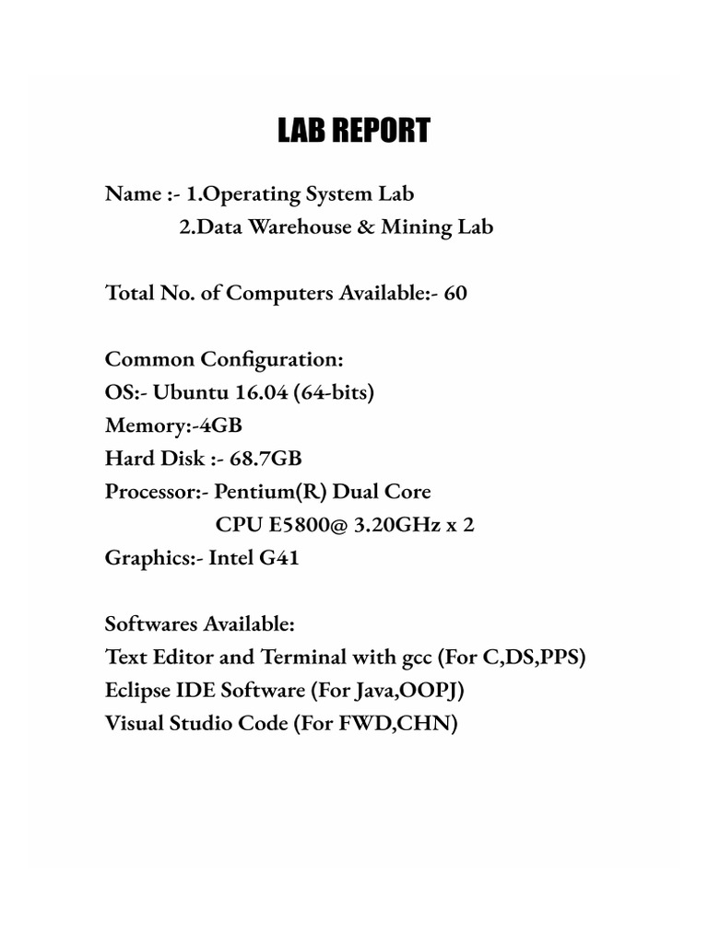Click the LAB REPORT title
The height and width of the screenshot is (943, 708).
pyautogui.click(x=354, y=132)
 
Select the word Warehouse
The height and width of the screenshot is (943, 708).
pyautogui.click(x=291, y=227)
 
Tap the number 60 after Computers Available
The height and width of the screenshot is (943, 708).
pyautogui.click(x=455, y=294)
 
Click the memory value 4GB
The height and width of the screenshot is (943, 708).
pyautogui.click(x=225, y=425)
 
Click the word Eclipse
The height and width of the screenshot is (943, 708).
pyautogui.click(x=139, y=691)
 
